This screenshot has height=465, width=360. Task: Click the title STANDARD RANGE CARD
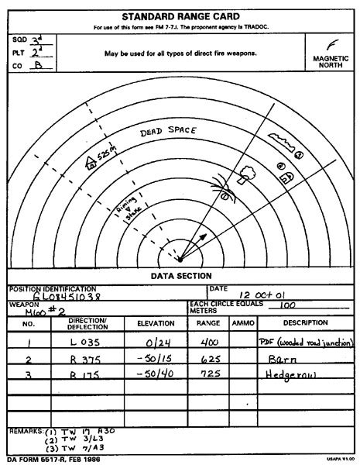[180, 15]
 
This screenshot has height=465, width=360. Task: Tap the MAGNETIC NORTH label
[332, 61]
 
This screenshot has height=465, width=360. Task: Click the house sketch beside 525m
[91, 163]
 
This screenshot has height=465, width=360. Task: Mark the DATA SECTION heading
[180, 275]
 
